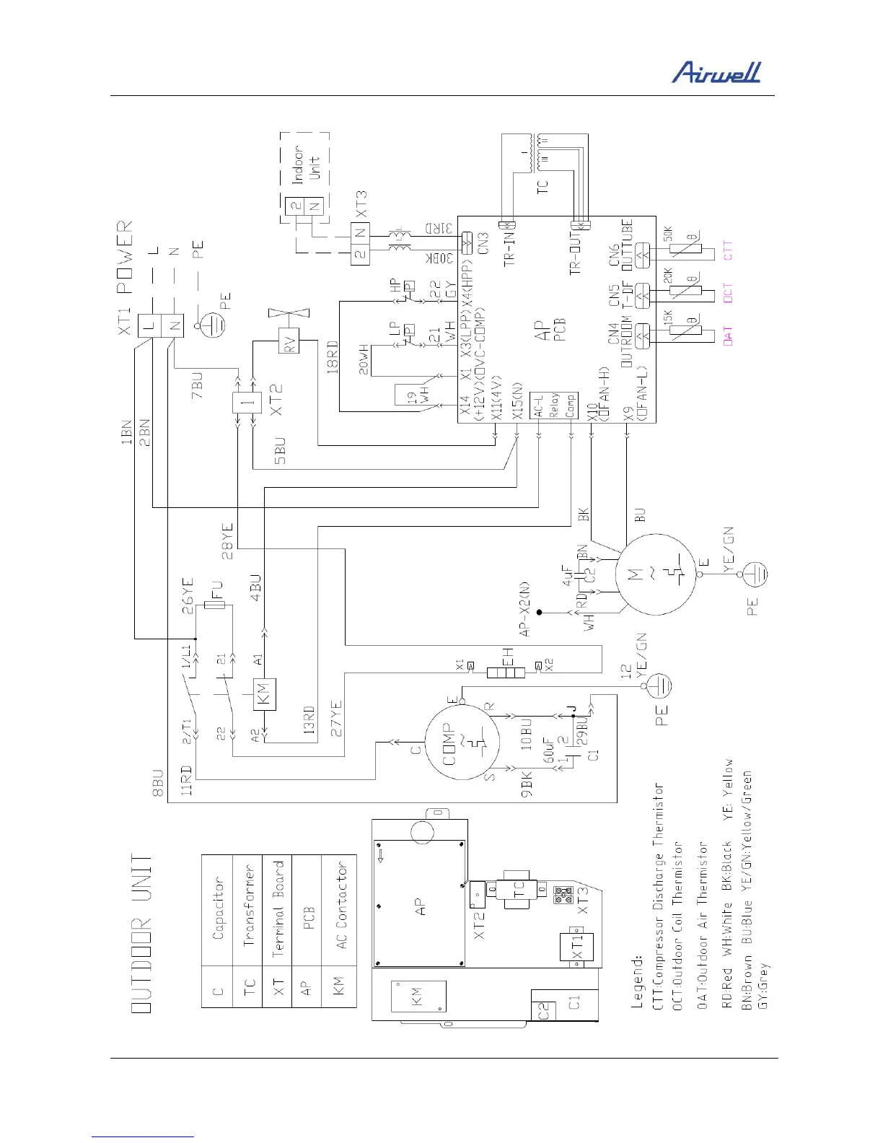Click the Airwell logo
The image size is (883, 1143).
pos(716,72)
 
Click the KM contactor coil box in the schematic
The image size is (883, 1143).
pos(263,695)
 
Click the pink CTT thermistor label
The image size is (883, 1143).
pos(727,250)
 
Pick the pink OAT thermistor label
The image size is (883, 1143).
pos(727,336)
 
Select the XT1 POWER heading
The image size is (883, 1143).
pos(124,256)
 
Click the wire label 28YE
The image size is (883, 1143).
pos(228,541)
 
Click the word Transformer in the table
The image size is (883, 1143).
pos(249,905)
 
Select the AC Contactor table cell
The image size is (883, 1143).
pos(341,905)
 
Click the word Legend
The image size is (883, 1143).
pos(638,983)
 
